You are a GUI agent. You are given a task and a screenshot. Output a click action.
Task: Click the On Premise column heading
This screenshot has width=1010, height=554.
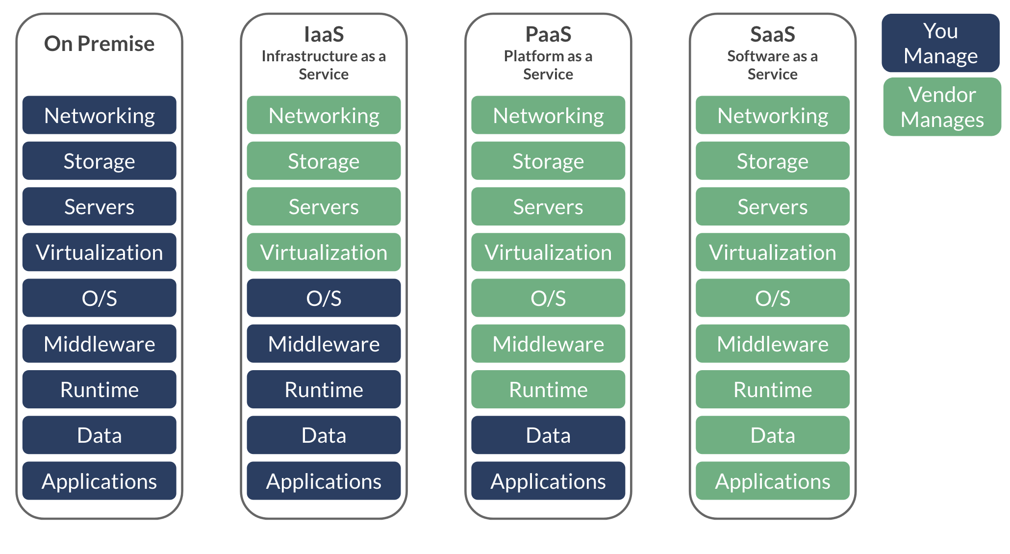(99, 44)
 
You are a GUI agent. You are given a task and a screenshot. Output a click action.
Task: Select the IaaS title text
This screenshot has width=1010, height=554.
(324, 34)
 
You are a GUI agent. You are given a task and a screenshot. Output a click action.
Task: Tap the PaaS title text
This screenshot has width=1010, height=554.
(548, 34)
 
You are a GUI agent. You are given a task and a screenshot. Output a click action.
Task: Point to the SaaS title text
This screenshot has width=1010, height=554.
(772, 34)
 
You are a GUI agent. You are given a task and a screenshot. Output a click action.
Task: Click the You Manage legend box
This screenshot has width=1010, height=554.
(940, 43)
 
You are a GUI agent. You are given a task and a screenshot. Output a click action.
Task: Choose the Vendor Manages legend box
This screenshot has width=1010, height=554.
(942, 107)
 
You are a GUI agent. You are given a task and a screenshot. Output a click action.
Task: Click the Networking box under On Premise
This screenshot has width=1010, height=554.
(99, 115)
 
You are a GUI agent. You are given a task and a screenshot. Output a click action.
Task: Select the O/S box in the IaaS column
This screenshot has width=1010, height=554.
(324, 298)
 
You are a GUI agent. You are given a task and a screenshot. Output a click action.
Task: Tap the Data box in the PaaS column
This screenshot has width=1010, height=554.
(548, 435)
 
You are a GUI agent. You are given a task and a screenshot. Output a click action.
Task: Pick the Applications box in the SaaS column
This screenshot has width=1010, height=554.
(772, 481)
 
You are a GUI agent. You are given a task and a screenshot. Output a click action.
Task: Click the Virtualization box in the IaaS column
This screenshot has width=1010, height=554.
(324, 252)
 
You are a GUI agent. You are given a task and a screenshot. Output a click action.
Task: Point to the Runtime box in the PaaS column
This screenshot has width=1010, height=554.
(548, 389)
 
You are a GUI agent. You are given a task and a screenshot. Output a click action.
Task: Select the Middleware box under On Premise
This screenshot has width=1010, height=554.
(99, 344)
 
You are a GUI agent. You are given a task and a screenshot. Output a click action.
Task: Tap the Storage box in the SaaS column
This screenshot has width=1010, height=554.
(772, 161)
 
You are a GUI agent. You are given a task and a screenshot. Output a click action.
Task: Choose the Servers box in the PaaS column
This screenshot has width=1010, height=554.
(548, 206)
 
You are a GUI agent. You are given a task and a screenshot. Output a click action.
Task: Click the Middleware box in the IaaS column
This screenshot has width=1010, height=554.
(324, 344)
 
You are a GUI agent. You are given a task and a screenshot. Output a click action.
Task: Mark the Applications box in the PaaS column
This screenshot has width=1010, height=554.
(548, 481)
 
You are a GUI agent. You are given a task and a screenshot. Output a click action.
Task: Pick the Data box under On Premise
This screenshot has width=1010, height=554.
(99, 435)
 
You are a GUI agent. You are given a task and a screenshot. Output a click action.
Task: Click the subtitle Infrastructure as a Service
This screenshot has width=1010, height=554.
(324, 65)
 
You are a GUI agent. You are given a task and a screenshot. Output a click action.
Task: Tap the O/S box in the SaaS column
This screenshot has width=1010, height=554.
(772, 298)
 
